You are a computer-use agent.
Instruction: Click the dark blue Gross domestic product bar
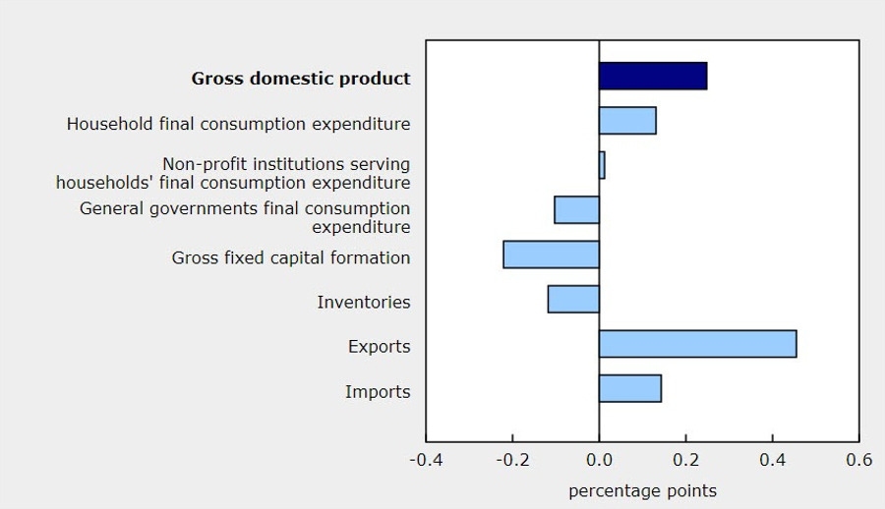coord(652,76)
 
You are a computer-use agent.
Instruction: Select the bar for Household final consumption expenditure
coord(627,121)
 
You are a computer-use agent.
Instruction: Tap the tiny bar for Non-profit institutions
coord(602,165)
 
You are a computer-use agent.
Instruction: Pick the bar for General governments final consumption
coord(577,210)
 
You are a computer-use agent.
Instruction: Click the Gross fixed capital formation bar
coord(552,254)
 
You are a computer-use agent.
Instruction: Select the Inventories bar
coord(573,299)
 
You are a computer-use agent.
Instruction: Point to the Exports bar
coord(697,344)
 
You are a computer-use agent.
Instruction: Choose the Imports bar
coord(630,388)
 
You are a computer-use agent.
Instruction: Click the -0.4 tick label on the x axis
coord(426,460)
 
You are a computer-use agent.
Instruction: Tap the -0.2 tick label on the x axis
coord(512,460)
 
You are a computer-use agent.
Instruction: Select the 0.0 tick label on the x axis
coord(599,460)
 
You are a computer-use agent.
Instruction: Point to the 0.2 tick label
coord(685,460)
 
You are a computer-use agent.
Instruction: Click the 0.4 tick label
coord(772,460)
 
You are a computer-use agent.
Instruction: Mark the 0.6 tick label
coord(858,460)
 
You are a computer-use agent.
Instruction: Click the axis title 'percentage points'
coord(642,490)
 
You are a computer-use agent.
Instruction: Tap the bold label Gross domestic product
coord(301,79)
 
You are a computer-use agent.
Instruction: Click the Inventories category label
coord(364,303)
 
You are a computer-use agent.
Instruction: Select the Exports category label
coord(379,347)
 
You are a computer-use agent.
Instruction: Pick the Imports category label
coord(378,392)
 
